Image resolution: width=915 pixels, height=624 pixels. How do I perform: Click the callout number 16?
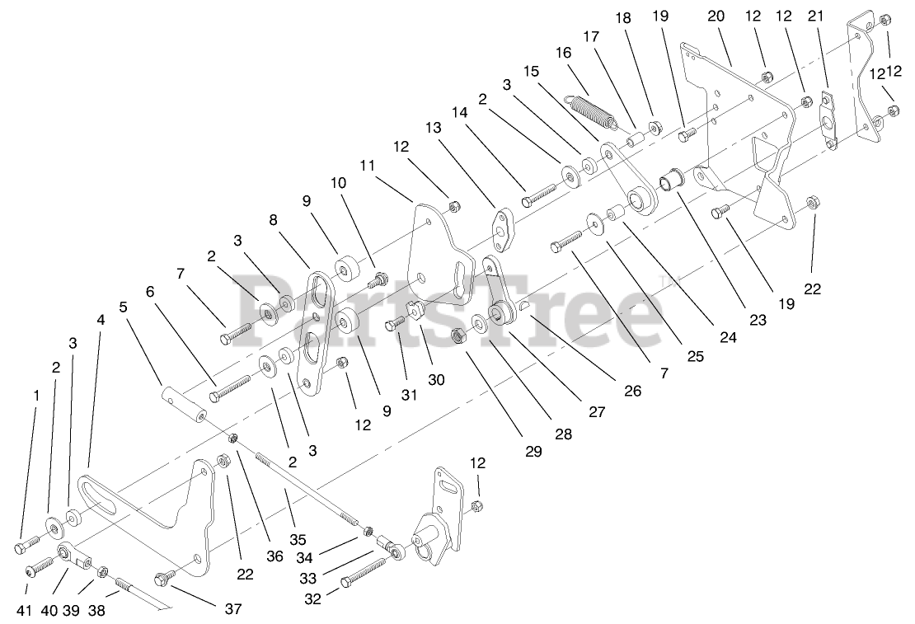pos(563,53)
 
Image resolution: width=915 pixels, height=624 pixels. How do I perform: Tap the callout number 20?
pos(716,16)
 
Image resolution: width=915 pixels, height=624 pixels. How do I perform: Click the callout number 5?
pos(123,307)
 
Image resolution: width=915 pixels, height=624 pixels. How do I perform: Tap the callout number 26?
pos(632,392)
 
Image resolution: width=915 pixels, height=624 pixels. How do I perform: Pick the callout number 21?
pos(816,16)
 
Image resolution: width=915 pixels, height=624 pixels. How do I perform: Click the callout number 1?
pos(35,396)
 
